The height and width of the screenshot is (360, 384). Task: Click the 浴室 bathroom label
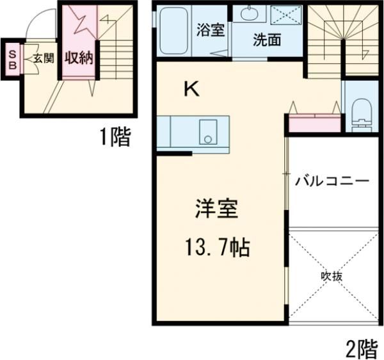click(x=211, y=30)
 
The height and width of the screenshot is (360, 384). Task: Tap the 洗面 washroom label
click(x=267, y=40)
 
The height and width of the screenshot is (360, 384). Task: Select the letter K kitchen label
click(x=191, y=90)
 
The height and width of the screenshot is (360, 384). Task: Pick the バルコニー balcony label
click(x=332, y=181)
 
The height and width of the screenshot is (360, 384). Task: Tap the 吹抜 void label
click(x=332, y=277)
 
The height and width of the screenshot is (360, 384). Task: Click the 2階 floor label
click(x=362, y=349)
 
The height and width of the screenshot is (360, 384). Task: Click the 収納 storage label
click(x=78, y=58)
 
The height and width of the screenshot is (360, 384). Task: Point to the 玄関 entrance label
click(x=43, y=58)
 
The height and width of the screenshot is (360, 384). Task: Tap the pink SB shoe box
click(x=12, y=58)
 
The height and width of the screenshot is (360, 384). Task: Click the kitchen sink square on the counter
click(x=207, y=132)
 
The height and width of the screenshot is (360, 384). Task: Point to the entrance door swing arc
click(x=36, y=24)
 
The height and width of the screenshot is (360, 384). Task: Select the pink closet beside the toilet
click(x=314, y=122)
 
